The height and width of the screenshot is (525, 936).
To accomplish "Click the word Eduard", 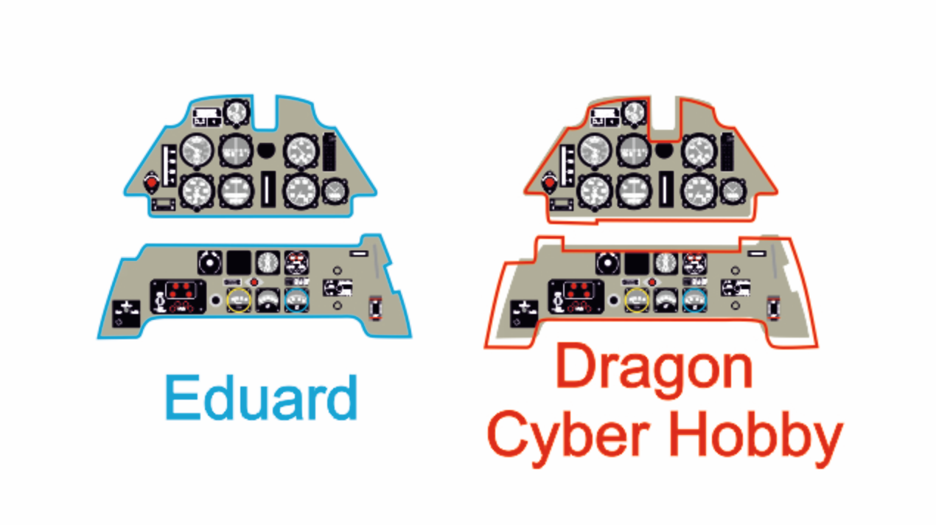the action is click(262, 397).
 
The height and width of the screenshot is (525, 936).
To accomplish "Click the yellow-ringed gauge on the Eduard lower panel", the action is click(239, 300).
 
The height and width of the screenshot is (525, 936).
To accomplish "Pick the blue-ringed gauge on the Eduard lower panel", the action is click(297, 300).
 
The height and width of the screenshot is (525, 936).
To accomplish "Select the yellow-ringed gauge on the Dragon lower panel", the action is click(637, 300).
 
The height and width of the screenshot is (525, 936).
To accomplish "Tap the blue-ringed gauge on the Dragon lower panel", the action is click(694, 300).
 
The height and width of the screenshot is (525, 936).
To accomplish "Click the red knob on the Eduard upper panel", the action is click(151, 183).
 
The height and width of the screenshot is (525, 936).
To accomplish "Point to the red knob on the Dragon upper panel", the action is click(549, 183).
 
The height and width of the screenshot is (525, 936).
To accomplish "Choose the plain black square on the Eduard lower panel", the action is click(239, 262).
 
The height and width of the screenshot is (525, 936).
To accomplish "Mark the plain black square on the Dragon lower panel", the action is click(637, 262).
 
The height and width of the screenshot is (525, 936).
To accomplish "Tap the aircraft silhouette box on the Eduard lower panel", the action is click(126, 314).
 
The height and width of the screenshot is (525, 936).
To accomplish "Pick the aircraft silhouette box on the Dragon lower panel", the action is click(524, 314).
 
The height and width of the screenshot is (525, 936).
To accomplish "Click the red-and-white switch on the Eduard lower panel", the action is click(375, 308).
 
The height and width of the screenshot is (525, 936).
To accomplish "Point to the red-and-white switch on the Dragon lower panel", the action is click(773, 308).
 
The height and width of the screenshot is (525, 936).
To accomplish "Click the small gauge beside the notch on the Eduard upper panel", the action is click(237, 113).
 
